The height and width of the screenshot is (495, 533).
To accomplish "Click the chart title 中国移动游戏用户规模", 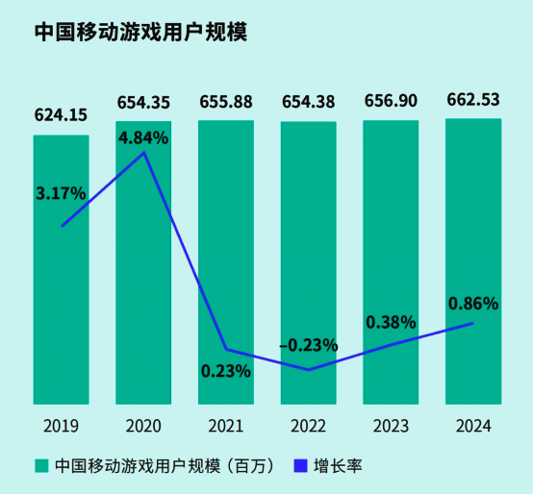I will click(140, 32).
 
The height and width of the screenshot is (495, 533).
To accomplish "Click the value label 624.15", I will click(62, 115).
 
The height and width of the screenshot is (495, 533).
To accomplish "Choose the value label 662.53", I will click(473, 100).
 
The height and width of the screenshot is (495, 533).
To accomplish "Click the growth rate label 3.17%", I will click(61, 193).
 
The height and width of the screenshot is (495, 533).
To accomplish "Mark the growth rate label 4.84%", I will click(143, 137).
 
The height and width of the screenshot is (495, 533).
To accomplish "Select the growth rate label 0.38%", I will click(391, 322).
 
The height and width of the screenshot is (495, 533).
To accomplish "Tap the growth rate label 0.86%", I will click(473, 304).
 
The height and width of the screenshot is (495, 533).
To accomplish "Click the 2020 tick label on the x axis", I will click(144, 425).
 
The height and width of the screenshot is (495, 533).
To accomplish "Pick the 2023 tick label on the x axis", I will click(391, 425).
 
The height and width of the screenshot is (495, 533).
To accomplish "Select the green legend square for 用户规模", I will click(41, 466).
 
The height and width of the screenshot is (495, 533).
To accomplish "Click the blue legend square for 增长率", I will click(297, 466).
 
